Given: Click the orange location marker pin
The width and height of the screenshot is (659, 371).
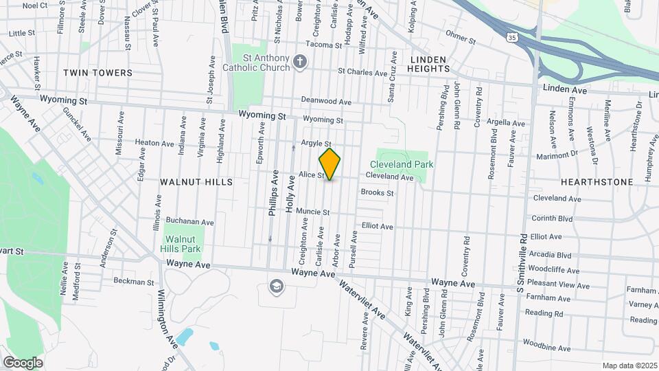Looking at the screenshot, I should click(x=329, y=164).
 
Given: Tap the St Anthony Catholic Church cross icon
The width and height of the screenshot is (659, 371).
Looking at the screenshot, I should click(x=299, y=63).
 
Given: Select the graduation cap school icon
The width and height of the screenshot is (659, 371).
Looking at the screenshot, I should click(x=276, y=286).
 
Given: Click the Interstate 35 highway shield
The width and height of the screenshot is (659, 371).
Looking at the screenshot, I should click(x=513, y=37).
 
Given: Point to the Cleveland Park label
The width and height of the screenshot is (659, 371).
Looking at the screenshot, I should click(x=402, y=165).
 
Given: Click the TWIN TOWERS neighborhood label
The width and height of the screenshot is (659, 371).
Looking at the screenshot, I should click(x=106, y=72).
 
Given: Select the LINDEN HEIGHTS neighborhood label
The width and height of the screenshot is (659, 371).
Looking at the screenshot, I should click(x=429, y=64).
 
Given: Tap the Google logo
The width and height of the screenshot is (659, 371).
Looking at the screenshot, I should click(x=23, y=362).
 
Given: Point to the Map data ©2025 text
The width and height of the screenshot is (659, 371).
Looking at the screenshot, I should click(x=629, y=366).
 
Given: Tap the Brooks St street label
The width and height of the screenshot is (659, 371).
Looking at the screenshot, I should click(x=377, y=193).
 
